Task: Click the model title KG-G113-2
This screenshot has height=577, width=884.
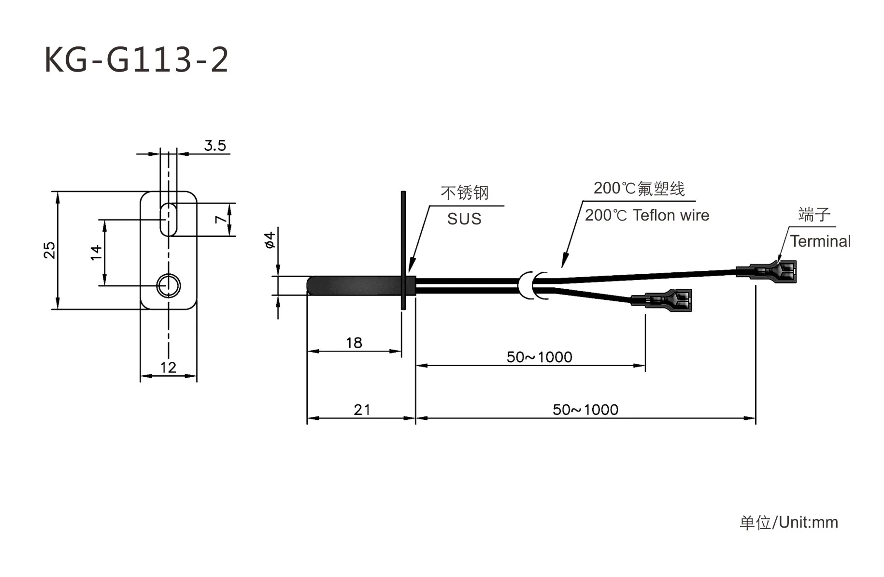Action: point(136,60)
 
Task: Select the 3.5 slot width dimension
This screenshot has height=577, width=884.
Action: point(215,145)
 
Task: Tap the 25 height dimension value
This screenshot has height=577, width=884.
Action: point(49,250)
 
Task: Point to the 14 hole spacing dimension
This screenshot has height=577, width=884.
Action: point(96,252)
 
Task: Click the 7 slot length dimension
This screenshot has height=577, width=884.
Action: point(221,219)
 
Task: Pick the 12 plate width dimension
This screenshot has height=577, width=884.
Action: point(168,368)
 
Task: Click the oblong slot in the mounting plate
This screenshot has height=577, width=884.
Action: point(168,219)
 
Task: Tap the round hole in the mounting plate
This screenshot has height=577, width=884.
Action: point(168,285)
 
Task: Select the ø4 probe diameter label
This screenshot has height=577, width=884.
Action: point(270,240)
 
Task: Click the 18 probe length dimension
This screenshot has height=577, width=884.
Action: point(354,343)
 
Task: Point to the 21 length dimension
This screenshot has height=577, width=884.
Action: point(362,410)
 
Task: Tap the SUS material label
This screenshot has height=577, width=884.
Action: point(464,219)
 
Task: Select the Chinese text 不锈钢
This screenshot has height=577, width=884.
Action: point(464,193)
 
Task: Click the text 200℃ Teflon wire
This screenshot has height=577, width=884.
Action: point(647,215)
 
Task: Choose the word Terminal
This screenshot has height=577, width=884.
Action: point(820,241)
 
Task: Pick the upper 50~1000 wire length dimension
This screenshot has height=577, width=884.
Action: point(539,357)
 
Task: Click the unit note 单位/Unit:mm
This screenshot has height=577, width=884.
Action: point(789,522)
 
